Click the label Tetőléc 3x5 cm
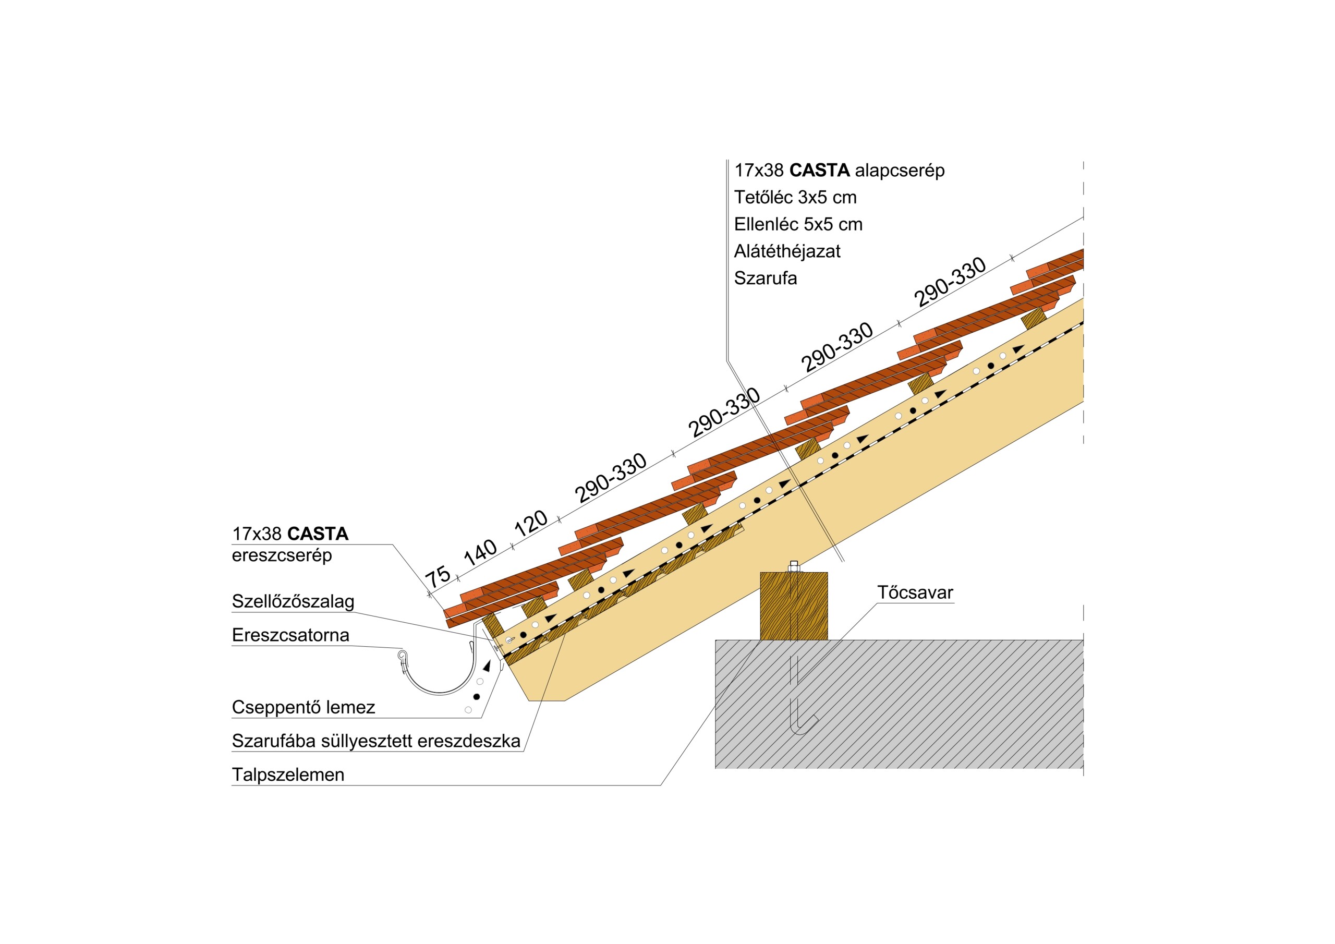(x=795, y=198)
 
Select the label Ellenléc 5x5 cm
(x=798, y=224)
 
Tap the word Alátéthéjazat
(x=787, y=251)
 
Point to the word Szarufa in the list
(x=765, y=278)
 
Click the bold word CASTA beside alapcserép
(x=819, y=171)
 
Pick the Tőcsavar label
(x=915, y=592)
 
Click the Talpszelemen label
(x=288, y=774)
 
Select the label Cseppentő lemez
(x=304, y=707)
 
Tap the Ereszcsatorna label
(x=290, y=635)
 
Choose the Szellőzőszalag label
(x=293, y=601)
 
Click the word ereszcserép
(x=282, y=555)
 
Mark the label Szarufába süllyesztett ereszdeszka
(x=376, y=741)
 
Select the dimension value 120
(x=531, y=523)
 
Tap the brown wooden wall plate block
(x=794, y=606)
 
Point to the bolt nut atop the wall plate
(x=794, y=566)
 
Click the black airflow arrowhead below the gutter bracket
(x=487, y=666)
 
